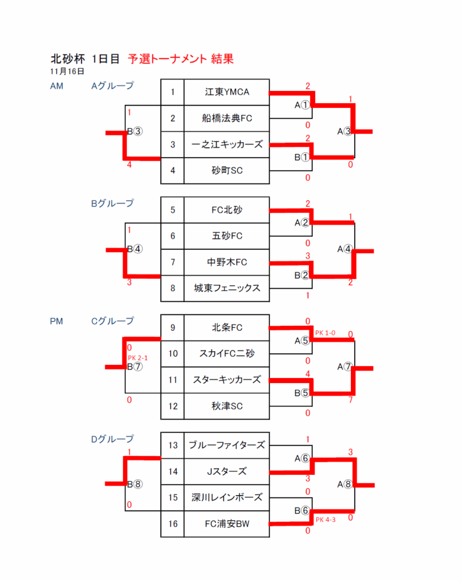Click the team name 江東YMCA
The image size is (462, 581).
(x=227, y=92)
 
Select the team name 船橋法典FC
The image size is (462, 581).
(x=227, y=118)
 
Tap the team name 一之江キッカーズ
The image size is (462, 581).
(x=227, y=145)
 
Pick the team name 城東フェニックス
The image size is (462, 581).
(x=227, y=288)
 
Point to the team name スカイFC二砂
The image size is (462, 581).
(x=227, y=353)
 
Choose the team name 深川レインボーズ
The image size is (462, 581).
(x=227, y=497)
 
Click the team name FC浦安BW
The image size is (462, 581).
(x=227, y=524)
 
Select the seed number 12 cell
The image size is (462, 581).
(x=173, y=406)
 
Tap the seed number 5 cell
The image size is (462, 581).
(x=173, y=210)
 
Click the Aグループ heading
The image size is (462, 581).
(x=113, y=86)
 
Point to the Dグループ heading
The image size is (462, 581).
(x=113, y=440)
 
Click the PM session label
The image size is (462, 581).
(x=57, y=321)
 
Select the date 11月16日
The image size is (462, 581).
(x=67, y=71)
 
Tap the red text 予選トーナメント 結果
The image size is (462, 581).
(x=181, y=59)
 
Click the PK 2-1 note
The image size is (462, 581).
(x=138, y=358)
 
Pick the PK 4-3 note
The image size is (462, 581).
(x=325, y=520)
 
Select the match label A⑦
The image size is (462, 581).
(x=344, y=367)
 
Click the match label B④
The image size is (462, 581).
(x=135, y=249)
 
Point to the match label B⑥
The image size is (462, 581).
(x=302, y=511)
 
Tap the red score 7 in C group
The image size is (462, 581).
(x=350, y=400)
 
